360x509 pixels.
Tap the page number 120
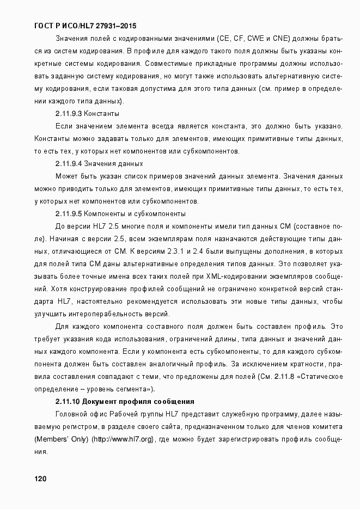coord(40,479)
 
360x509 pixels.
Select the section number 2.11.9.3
coord(69,114)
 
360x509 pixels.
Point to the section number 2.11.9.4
coord(69,163)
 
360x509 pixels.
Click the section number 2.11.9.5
coord(69,213)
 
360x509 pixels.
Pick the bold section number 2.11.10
coord(68,401)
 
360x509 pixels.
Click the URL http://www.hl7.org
coord(124,439)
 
